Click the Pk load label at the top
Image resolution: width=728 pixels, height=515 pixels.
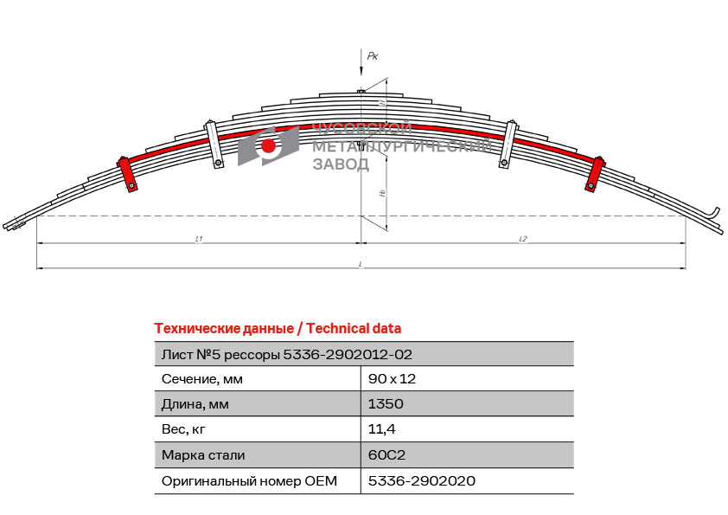[373, 56]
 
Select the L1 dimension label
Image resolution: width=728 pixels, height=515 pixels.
[199, 238]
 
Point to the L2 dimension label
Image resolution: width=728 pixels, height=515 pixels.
[523, 238]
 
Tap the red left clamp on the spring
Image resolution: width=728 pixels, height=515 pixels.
[128, 173]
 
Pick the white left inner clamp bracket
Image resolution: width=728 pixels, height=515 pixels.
[214, 144]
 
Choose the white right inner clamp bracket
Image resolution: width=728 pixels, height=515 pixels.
[508, 144]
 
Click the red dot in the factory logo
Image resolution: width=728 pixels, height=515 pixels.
[269, 145]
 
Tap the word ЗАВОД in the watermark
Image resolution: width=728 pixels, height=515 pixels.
[340, 164]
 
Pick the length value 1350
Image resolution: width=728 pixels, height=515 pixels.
[386, 403]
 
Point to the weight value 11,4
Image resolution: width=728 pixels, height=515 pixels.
[382, 428]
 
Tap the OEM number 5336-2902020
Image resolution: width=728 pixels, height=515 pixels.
[422, 480]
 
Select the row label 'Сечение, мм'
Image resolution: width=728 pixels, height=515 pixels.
[202, 378]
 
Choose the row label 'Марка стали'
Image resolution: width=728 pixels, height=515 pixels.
[203, 454]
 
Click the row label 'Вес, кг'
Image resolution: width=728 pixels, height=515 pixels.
[184, 428]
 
